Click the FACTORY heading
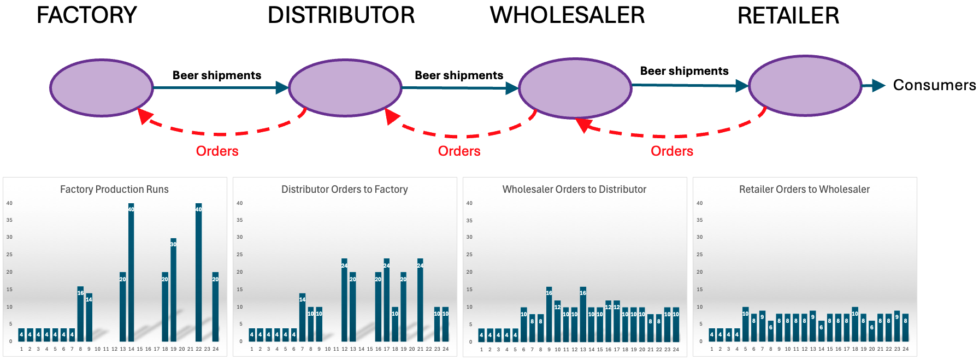click(86, 15)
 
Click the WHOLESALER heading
click(567, 15)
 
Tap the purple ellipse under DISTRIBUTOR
click(345, 88)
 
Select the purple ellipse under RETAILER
click(805, 86)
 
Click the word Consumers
click(934, 85)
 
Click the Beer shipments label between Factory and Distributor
click(217, 75)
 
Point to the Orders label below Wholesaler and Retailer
click(671, 151)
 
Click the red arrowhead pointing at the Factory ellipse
click(144, 115)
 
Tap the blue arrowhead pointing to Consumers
click(878, 85)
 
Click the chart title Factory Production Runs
click(114, 190)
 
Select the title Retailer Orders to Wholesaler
click(804, 190)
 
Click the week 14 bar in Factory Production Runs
click(131, 273)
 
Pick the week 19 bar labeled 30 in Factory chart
click(173, 290)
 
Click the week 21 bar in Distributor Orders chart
click(420, 300)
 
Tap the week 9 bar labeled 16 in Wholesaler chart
click(549, 315)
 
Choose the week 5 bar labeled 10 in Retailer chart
click(745, 325)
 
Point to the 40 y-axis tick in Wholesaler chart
click(469, 203)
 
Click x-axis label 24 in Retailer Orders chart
click(906, 349)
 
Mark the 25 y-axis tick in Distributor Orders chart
click(239, 255)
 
